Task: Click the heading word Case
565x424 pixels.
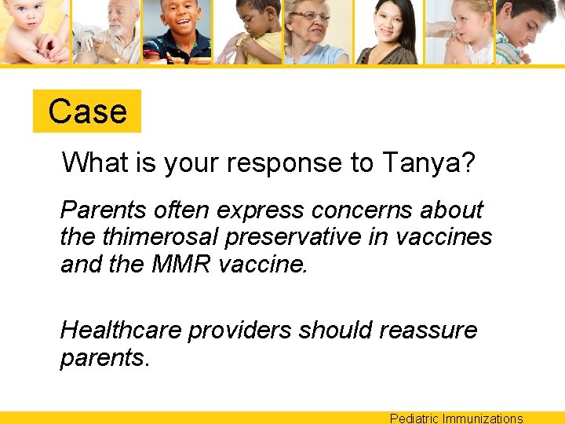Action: [87, 111]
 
